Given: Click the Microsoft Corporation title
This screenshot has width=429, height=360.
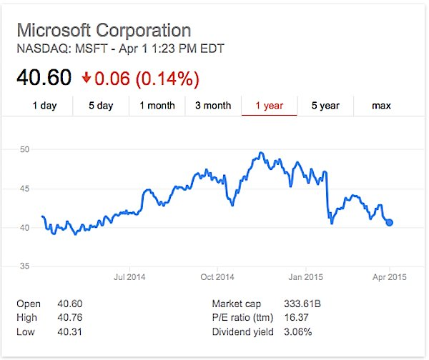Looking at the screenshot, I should point(104,31).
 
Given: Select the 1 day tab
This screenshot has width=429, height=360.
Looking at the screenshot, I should point(44,106).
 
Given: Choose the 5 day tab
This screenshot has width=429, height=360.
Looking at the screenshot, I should point(101,106).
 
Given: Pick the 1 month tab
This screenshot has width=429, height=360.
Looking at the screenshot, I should point(157,106).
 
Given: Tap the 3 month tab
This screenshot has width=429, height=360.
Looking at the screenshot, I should point(213,106).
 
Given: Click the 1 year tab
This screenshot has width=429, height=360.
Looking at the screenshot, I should point(269,106).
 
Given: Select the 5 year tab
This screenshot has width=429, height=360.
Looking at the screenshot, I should point(325,106).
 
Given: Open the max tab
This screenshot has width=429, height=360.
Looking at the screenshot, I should point(381,106).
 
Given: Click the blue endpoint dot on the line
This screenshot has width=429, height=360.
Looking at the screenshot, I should point(390,222).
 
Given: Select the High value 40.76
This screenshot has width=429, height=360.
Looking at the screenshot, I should point(70,317).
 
